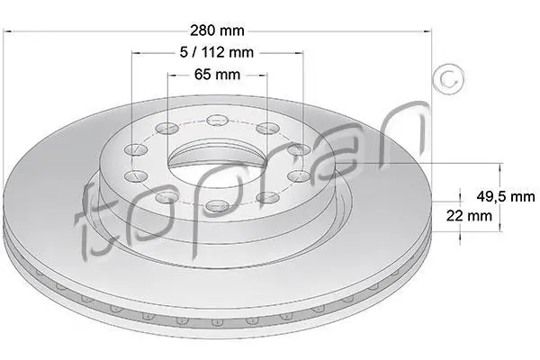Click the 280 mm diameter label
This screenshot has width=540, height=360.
tap(217, 31)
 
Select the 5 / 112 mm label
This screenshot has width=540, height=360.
tap(217, 52)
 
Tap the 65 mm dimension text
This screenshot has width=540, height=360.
tap(217, 75)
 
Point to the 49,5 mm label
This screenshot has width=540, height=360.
tap(506, 196)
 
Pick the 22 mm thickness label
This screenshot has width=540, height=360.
tap(469, 216)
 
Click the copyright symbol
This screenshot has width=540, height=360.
tap(448, 79)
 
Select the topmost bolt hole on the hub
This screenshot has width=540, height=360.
tap(218, 121)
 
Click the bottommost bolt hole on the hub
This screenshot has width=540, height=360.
tap(217, 206)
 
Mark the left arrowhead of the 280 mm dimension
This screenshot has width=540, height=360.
tap(7, 31)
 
